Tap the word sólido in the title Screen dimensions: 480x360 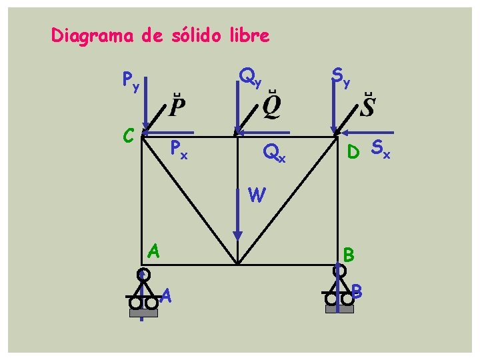pyautogui.click(x=193, y=35)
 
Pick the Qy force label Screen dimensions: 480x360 pyautogui.click(x=250, y=79)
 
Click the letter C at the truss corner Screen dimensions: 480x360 pyautogui.click(x=130, y=134)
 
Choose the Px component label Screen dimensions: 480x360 pyautogui.click(x=179, y=149)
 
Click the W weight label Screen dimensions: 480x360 pyautogui.click(x=257, y=195)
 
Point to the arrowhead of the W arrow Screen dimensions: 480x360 pyautogui.click(x=237, y=235)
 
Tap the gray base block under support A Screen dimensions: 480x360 pyautogui.click(x=144, y=313)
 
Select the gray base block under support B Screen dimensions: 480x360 pyautogui.click(x=339, y=309)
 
